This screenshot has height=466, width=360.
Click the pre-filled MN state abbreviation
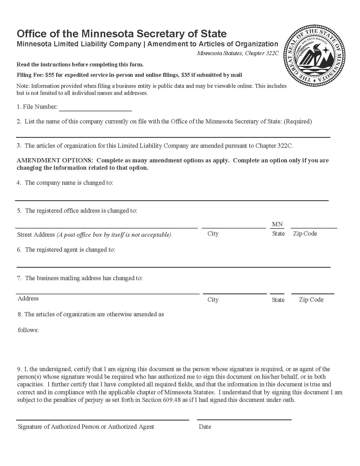coord(277,224)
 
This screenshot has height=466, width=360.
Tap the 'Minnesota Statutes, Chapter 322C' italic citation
coord(237,53)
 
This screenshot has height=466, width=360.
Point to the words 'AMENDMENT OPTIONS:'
coord(55,160)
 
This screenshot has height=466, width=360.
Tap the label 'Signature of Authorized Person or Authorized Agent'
coord(86,427)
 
